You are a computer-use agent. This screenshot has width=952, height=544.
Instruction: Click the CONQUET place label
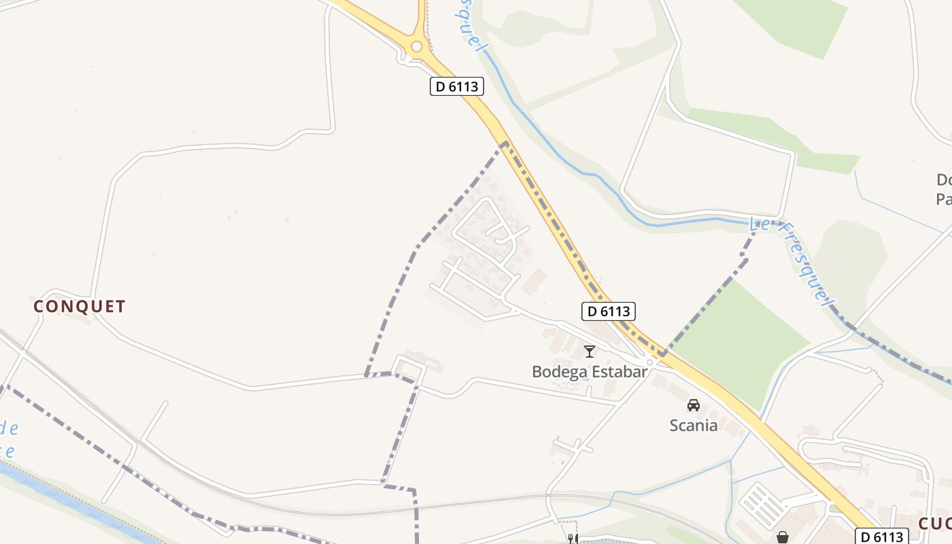click(x=80, y=307)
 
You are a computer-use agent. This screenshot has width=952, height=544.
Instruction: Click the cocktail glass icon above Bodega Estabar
click(x=590, y=352)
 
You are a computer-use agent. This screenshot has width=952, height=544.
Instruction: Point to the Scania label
click(x=694, y=426)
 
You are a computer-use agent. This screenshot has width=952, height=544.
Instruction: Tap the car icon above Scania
click(x=694, y=405)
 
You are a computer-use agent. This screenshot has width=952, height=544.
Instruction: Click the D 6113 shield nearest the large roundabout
click(x=458, y=86)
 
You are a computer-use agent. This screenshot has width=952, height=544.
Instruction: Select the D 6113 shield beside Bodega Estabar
click(x=609, y=311)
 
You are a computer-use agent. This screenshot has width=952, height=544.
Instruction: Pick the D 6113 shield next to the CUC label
click(x=881, y=536)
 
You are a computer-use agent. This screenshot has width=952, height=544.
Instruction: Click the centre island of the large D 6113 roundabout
click(x=417, y=46)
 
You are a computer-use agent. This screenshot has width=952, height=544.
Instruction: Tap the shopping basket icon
click(x=783, y=537)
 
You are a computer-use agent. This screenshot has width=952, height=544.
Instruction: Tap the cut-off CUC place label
click(x=935, y=524)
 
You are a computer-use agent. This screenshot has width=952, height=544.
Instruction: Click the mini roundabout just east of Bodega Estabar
click(x=650, y=362)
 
